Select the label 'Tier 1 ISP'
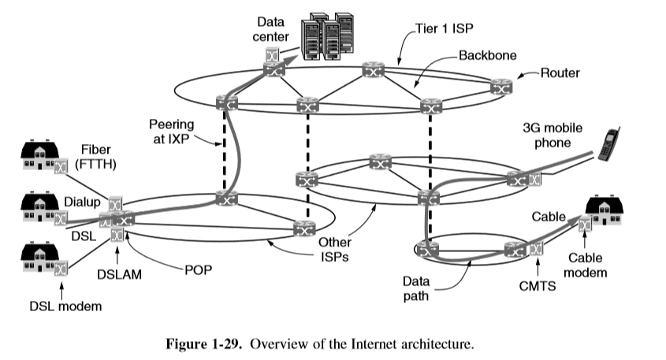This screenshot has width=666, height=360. point(439,35)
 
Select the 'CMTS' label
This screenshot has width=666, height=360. point(538,286)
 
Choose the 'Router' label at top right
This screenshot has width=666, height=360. point(560,73)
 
